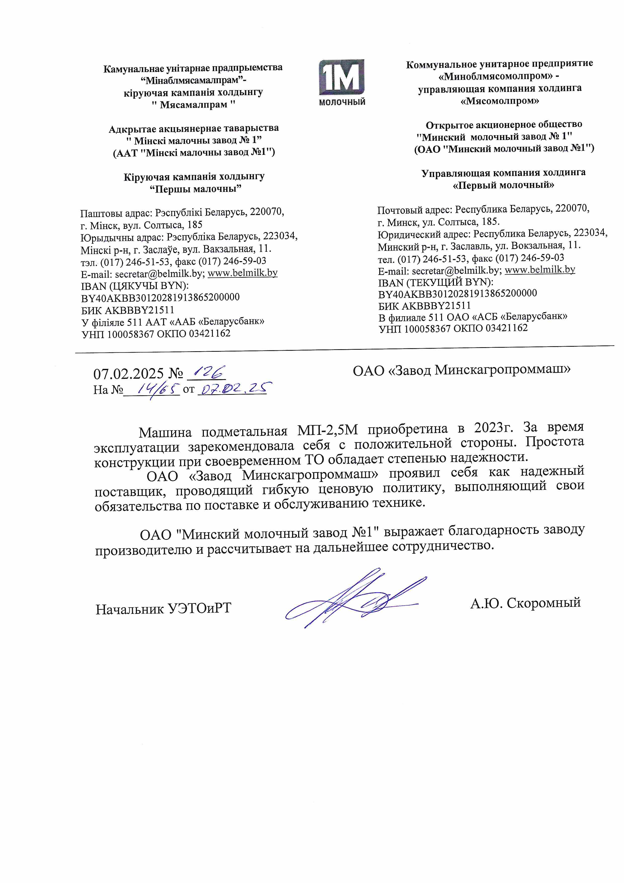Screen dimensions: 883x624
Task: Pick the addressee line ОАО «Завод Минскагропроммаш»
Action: [x=461, y=370]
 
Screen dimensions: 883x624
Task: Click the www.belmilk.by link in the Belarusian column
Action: [x=243, y=273]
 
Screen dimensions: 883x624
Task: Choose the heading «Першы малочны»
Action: [x=195, y=189]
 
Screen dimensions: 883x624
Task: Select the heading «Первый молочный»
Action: [x=503, y=185]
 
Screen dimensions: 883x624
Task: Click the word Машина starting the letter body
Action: [x=165, y=433]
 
